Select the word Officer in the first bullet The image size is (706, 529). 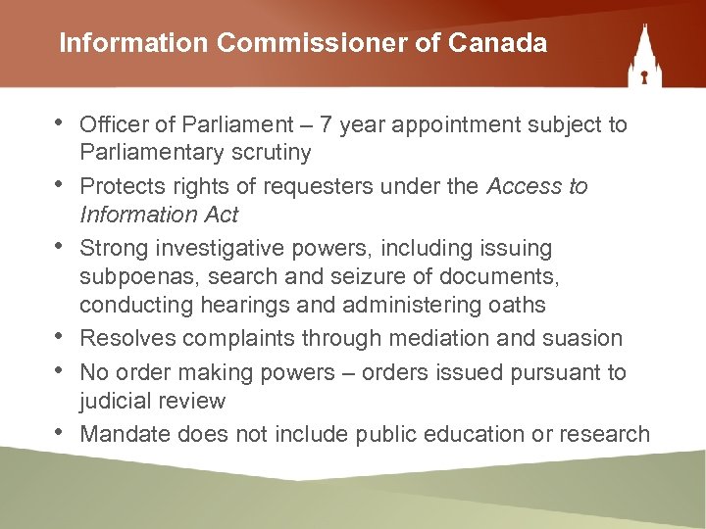point(113,124)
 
